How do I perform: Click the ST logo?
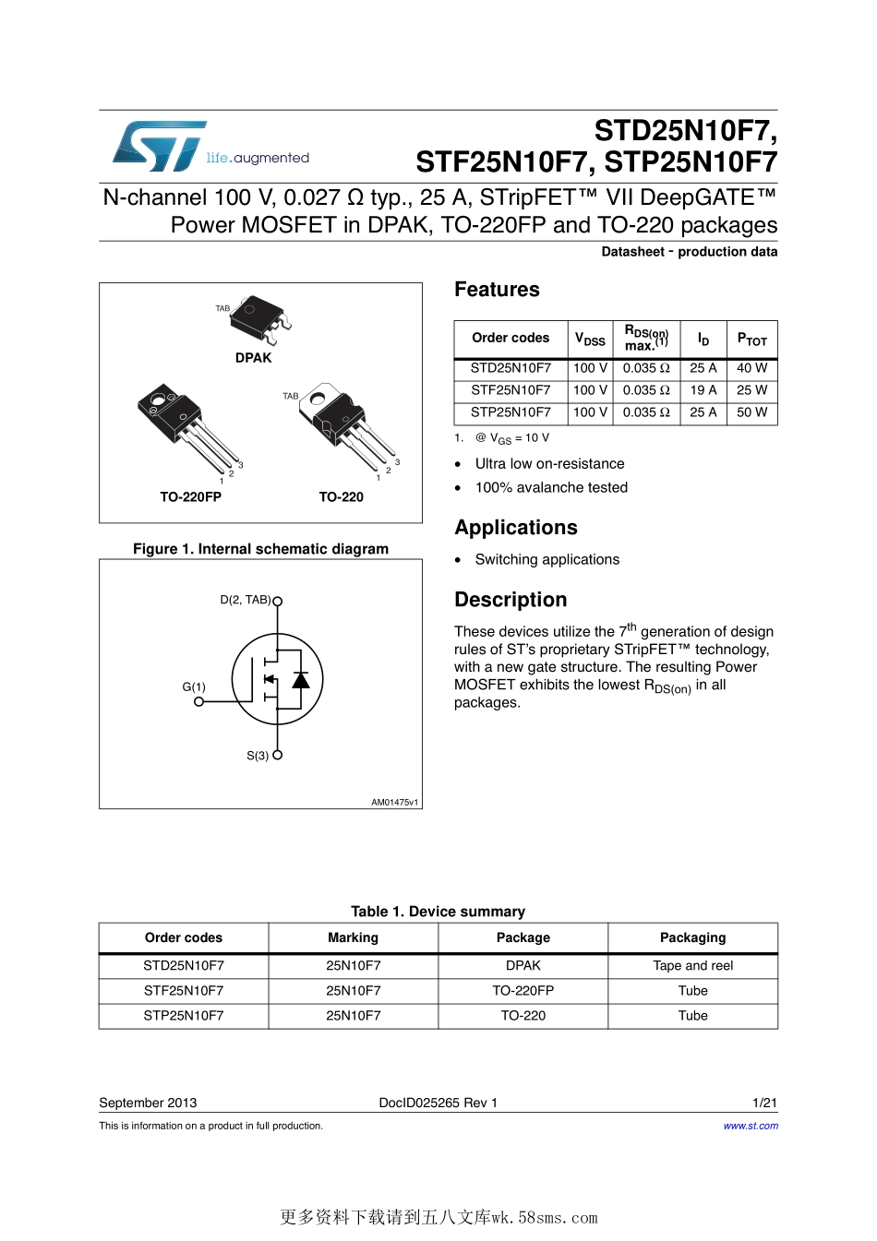point(159,147)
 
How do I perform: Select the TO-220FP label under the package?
point(190,496)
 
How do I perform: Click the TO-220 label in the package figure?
point(341,496)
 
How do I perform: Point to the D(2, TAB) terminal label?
point(245,600)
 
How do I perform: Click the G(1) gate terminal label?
point(194,686)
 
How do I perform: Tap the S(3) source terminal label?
point(258,755)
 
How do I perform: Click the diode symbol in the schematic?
point(301,679)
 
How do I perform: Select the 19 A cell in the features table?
point(703,390)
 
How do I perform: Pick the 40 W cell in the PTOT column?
point(751,368)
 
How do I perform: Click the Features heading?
point(497,290)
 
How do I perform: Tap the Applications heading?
point(515,528)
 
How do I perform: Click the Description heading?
point(511,600)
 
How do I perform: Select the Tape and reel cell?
point(692,966)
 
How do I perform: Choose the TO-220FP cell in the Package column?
point(523,991)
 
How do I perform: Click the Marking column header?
point(353,937)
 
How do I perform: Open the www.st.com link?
point(751,1126)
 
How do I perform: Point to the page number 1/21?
point(764,1103)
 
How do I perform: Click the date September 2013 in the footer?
point(148,1103)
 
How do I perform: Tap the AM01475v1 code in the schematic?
point(394,802)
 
